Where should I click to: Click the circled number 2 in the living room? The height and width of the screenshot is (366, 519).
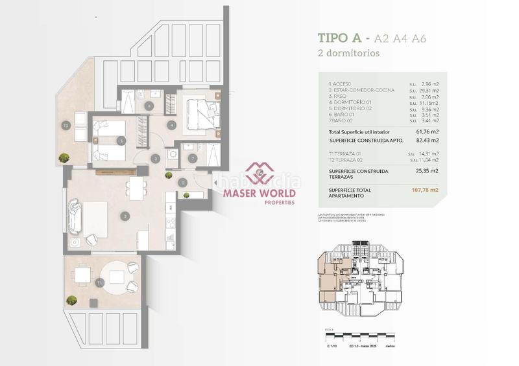pos(125,216)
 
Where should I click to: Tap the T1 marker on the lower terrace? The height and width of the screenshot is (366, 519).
pos(99,283)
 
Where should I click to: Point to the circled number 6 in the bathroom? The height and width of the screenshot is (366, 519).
pos(149,105)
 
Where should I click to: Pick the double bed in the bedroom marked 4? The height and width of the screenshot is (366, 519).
pos(197,113)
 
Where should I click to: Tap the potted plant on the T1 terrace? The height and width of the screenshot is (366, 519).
pos(71,300)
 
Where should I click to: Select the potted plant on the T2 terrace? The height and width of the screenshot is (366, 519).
pos(64,157)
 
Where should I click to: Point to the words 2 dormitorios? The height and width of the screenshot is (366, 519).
pos(349,54)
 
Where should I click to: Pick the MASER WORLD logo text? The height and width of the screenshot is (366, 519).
pos(259,193)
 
